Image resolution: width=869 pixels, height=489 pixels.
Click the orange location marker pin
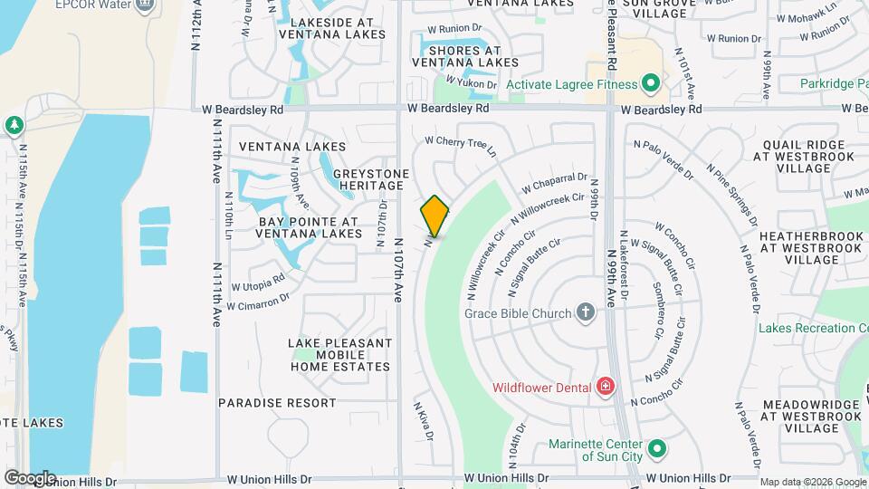coord(435,216)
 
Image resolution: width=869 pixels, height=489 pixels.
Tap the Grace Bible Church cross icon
coord(586,313)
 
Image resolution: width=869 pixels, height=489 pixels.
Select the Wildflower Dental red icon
coord(606,388)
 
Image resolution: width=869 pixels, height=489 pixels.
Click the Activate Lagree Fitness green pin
coord(650,85)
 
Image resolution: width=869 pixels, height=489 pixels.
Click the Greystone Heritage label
coord(371,179)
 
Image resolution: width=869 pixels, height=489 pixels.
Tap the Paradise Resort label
coord(277,402)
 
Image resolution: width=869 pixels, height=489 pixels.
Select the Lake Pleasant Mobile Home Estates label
coord(340,355)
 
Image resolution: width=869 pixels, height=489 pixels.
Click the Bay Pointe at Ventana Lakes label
coord(310,227)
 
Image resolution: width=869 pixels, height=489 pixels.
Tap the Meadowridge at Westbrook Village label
coord(811,416)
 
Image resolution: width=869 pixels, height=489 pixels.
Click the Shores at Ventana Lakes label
coord(466,56)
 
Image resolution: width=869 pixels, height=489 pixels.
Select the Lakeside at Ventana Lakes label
coord(332,28)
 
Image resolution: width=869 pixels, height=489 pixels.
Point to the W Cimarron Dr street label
coord(258,301)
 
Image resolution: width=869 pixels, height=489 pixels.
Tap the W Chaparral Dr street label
coord(554,184)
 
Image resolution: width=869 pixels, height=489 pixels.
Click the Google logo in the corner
coord(29,477)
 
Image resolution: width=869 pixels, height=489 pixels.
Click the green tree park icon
coord(13,124)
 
